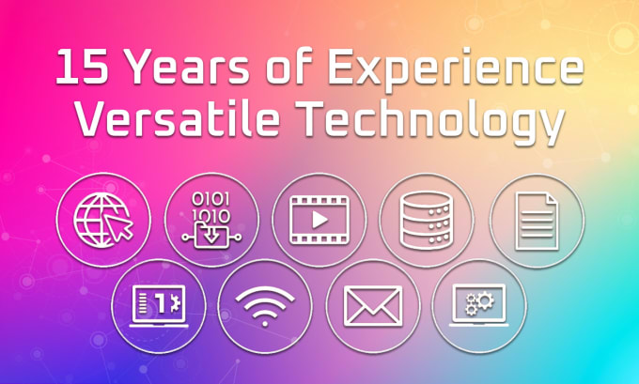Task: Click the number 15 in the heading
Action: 82,67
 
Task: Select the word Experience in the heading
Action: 456,69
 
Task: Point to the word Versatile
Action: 178,119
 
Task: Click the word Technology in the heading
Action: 429,122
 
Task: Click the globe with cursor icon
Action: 103,221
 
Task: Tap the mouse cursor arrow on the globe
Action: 118,226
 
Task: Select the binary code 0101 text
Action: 210,199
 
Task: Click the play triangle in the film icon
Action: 319,221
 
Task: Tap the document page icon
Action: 537,222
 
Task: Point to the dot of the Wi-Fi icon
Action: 265,323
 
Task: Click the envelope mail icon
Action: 373,306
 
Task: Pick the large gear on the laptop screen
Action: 485,300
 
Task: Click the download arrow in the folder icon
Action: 210,235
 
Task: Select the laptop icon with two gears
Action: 479,305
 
